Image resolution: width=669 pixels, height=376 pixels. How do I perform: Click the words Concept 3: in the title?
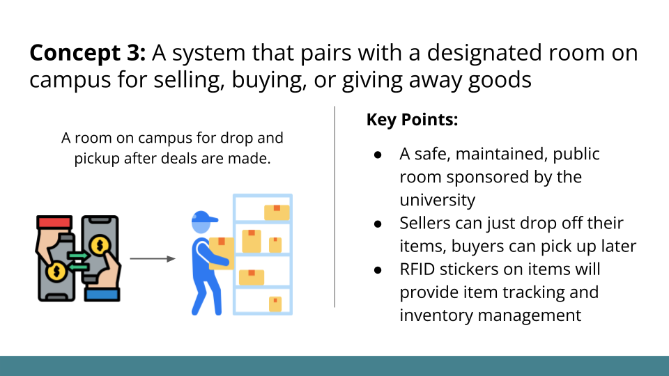87,53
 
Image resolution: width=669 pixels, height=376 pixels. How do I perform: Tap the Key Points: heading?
412,120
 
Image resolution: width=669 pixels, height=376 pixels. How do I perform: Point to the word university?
437,200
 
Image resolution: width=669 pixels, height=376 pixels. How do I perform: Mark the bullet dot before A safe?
377,154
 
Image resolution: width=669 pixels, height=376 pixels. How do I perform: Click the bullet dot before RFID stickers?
377,269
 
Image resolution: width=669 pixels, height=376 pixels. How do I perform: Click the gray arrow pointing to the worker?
153,259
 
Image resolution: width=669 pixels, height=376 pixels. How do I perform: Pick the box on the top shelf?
277,212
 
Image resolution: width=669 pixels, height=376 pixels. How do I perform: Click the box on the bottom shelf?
275,304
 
